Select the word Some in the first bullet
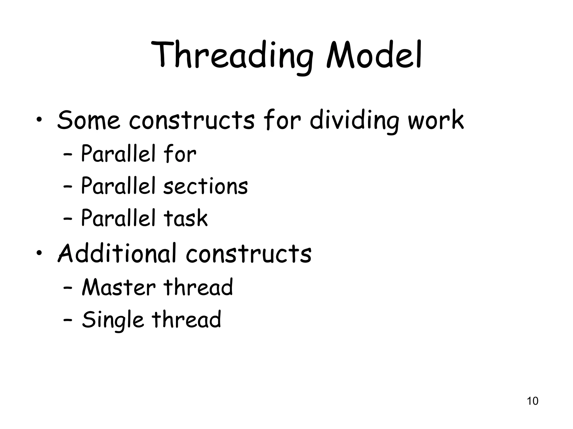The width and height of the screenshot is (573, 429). [x=88, y=120]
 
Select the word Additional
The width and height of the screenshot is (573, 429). [x=117, y=253]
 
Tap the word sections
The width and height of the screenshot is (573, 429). [x=206, y=186]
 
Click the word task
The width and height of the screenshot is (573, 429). [x=186, y=218]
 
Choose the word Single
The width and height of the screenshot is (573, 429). [x=112, y=320]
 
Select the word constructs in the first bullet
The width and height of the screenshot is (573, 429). [x=192, y=120]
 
